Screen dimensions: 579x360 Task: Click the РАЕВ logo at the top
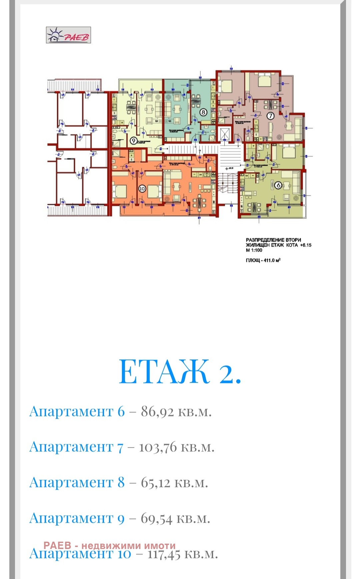pyautogui.click(x=68, y=35)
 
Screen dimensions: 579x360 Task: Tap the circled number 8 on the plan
pyautogui.click(x=203, y=112)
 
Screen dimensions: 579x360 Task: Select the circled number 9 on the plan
pyautogui.click(x=133, y=141)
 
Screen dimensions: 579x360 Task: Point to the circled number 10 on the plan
pyautogui.click(x=142, y=189)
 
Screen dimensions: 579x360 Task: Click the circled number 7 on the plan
pyautogui.click(x=270, y=116)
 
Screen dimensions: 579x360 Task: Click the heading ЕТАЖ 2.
pyautogui.click(x=180, y=372)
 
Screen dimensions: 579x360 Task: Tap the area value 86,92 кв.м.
pyautogui.click(x=176, y=412)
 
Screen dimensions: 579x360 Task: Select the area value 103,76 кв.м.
pyautogui.click(x=176, y=447)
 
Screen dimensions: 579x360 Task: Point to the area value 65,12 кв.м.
pyautogui.click(x=174, y=483)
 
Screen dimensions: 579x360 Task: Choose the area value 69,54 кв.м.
pyautogui.click(x=175, y=518)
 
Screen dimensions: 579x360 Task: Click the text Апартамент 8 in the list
pyautogui.click(x=77, y=483)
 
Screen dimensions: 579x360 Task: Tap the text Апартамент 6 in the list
pyautogui.click(x=77, y=412)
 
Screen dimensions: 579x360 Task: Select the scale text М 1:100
pyautogui.click(x=254, y=250)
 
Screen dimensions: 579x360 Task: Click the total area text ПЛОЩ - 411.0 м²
pyautogui.click(x=263, y=260)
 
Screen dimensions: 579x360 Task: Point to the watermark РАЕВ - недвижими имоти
pyautogui.click(x=109, y=546)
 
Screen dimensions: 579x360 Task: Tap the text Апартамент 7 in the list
pyautogui.click(x=76, y=447)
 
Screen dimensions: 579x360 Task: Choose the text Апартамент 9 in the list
pyautogui.click(x=77, y=518)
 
